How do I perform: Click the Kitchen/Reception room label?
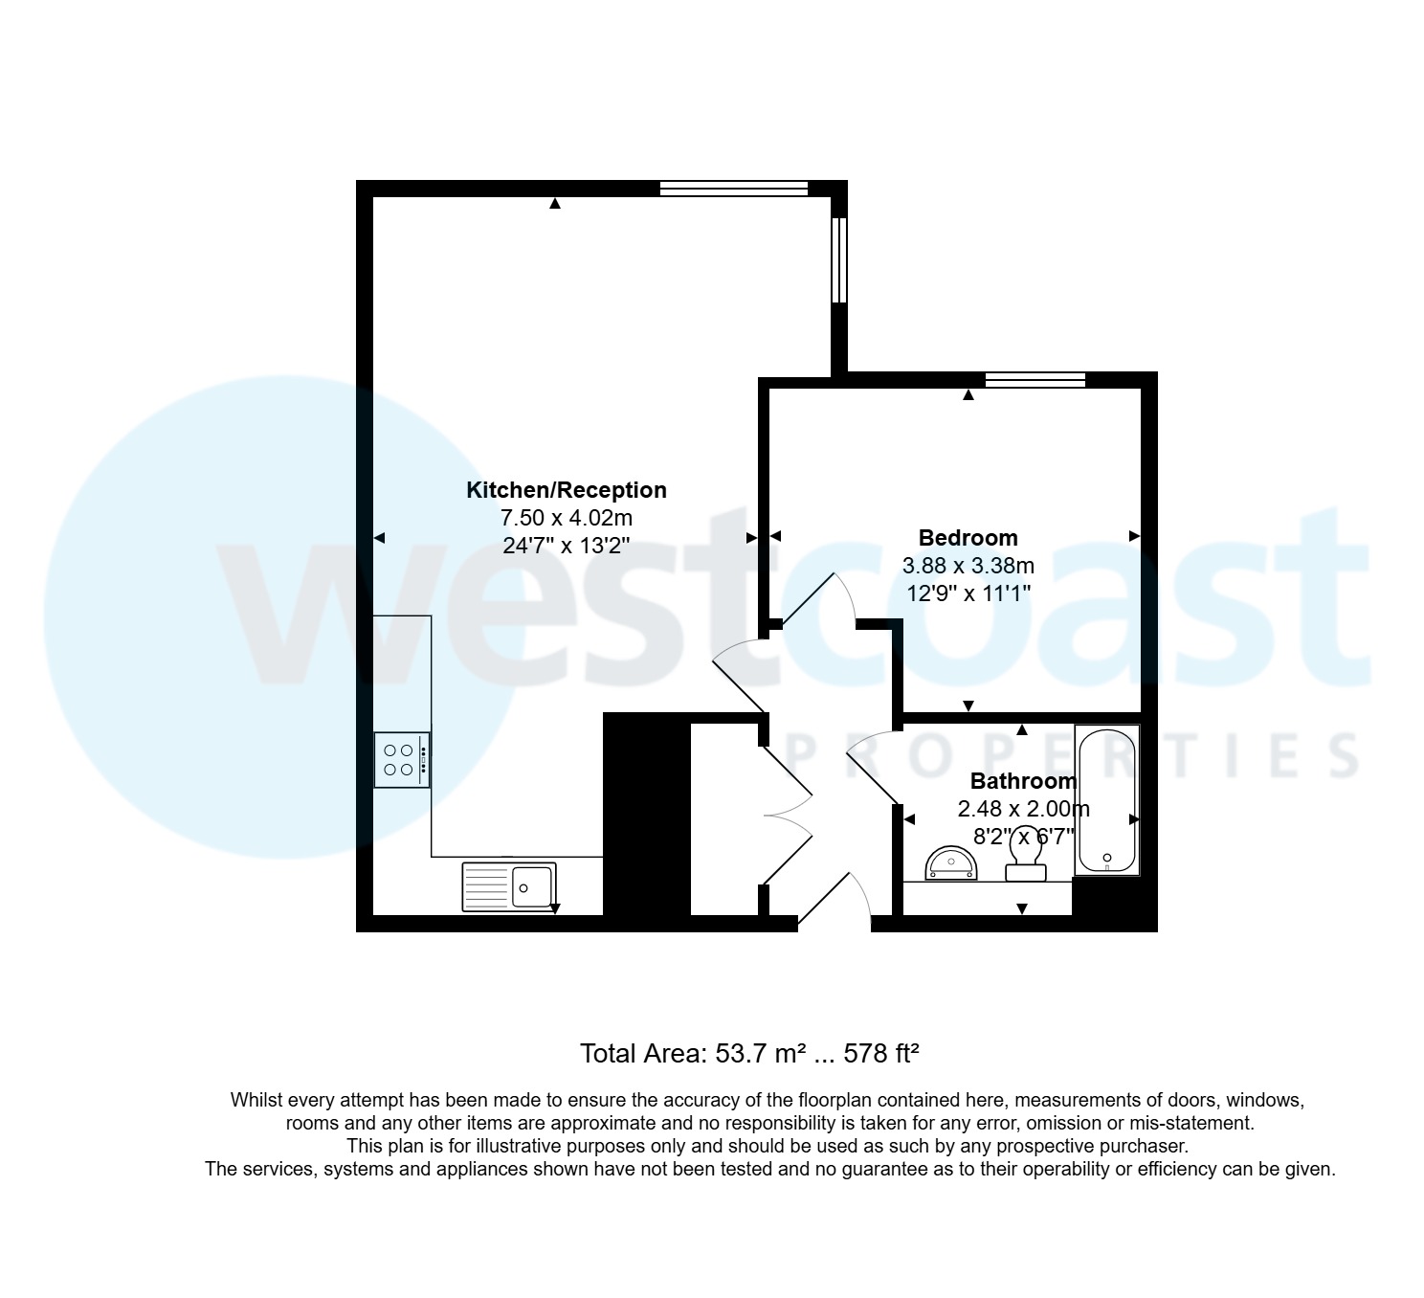(566, 490)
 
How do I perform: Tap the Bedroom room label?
(968, 538)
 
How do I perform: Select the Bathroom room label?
(1023, 781)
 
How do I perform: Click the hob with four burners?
(402, 760)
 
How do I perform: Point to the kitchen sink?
(509, 886)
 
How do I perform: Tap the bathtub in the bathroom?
(1107, 800)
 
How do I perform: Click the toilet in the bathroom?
(1025, 855)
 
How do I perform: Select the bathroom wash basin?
(951, 863)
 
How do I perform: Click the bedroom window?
(1035, 380)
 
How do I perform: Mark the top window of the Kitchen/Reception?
(734, 189)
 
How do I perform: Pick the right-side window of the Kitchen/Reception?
(839, 260)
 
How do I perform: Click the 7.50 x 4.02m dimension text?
(566, 518)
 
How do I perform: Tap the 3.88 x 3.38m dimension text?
(968, 566)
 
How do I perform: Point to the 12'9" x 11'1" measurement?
(968, 593)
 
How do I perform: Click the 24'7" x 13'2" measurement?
(566, 547)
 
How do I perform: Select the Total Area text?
(749, 1054)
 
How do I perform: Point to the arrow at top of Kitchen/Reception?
(555, 203)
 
